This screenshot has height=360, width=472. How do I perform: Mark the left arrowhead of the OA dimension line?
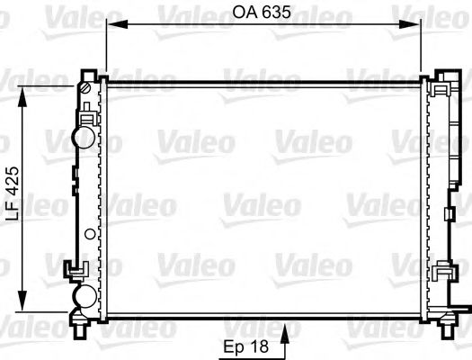pos(111,25)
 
